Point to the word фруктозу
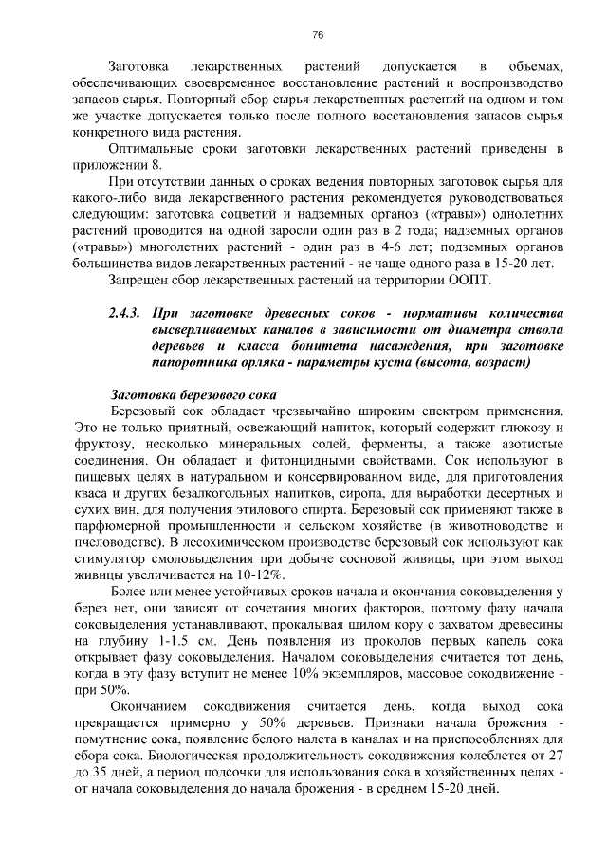[x=104, y=445]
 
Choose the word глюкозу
[x=524, y=429]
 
